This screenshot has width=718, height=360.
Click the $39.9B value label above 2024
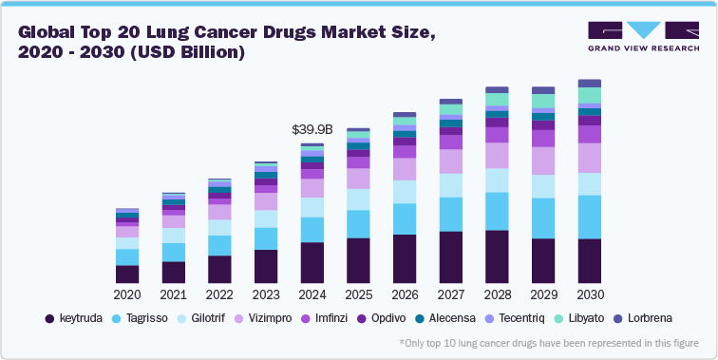[312, 129]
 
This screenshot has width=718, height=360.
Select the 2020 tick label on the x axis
[127, 294]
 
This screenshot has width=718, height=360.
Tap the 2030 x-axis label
[590, 294]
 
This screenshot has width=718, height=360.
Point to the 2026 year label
[405, 294]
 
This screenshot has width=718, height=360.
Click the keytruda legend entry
[74, 319]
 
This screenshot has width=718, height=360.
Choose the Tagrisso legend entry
[145, 319]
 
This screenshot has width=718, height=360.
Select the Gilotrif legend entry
[211, 319]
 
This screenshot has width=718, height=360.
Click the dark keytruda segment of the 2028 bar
[497, 256]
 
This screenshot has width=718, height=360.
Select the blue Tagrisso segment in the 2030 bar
[590, 217]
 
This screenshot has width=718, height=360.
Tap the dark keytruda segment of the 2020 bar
[127, 274]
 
